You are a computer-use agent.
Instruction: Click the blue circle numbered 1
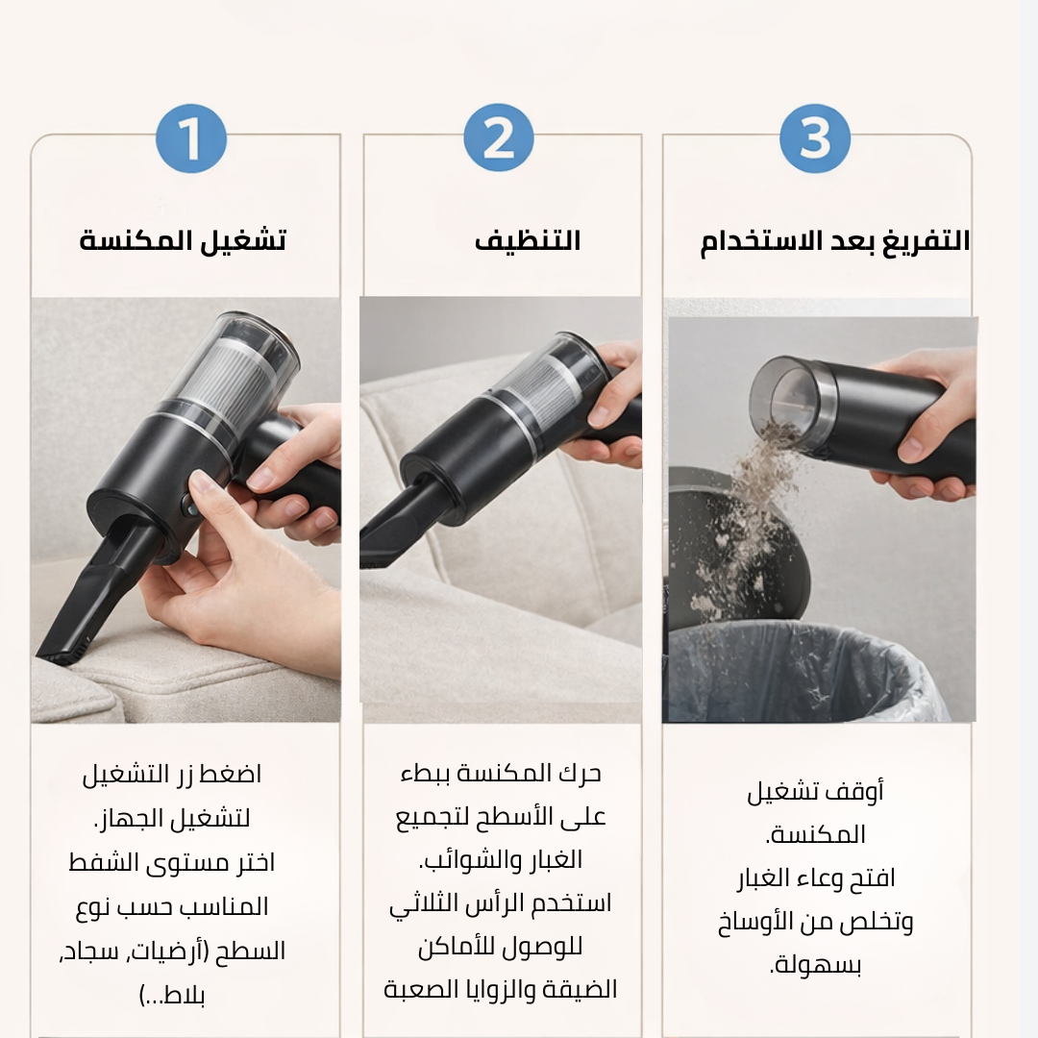pos(191,138)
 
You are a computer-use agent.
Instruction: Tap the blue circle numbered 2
pos(499,138)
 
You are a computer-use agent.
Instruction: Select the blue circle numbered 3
pos(815,138)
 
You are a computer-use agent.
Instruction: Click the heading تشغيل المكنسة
pos(183,239)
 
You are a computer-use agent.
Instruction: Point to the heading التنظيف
pos(528,240)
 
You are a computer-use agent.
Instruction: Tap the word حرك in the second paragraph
pos(580,773)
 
